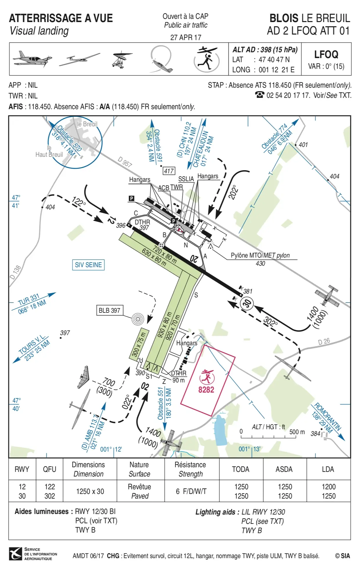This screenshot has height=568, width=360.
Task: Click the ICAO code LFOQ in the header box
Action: click(326, 55)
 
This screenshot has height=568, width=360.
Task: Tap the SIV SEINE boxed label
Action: click(88, 265)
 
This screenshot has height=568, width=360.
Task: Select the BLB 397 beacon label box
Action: click(109, 310)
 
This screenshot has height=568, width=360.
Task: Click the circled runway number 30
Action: click(247, 303)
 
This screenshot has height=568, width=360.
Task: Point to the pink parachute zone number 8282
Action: click(206, 389)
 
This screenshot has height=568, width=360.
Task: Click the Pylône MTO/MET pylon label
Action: click(260, 256)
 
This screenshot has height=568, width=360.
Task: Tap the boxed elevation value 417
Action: click(169, 171)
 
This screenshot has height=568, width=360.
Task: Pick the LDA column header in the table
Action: click(328, 469)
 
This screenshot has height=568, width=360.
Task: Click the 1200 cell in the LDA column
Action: click(328, 487)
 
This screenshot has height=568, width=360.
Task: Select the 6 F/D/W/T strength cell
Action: click(191, 491)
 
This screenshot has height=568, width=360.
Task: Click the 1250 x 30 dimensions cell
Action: click(90, 491)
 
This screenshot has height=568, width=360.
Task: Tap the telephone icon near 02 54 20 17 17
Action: click(260, 95)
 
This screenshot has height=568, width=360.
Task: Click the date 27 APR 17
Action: click(186, 37)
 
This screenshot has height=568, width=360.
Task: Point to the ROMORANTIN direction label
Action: click(327, 418)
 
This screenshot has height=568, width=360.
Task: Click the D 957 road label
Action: click(125, 162)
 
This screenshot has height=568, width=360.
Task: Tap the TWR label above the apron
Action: click(177, 187)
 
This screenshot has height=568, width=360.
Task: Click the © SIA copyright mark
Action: click(343, 556)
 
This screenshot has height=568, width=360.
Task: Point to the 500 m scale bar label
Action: click(297, 432)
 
